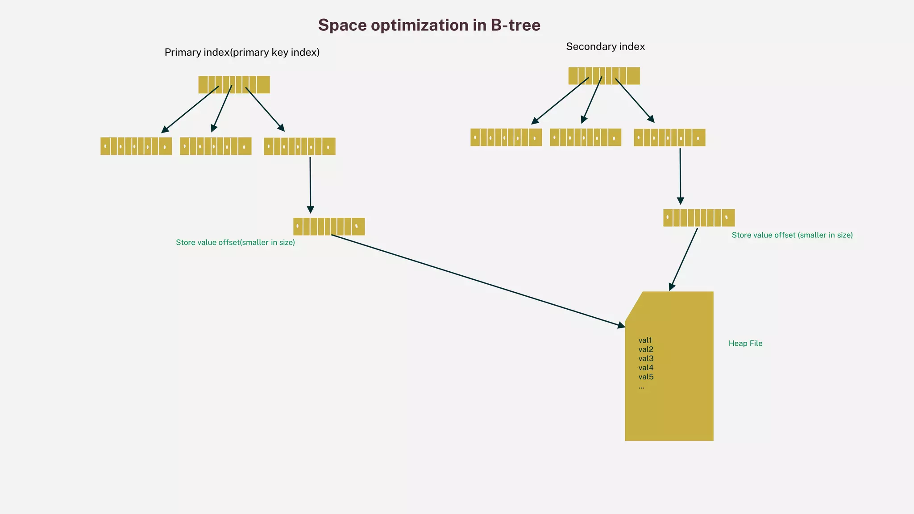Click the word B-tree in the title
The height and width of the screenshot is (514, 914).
515,25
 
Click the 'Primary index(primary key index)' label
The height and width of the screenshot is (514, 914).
242,52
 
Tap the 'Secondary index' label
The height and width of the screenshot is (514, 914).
605,46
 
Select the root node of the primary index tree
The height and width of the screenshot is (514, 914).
234,84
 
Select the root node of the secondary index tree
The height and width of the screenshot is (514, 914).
604,75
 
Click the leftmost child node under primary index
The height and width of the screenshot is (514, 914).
136,146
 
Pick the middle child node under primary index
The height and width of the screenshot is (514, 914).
216,146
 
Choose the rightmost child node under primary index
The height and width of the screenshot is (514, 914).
299,146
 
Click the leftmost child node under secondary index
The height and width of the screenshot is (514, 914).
506,137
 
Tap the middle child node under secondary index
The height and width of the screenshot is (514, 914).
586,137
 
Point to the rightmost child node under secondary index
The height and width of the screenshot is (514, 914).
669,137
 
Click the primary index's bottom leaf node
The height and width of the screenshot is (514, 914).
329,226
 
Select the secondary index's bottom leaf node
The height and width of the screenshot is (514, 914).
699,218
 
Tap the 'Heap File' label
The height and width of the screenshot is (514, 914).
745,343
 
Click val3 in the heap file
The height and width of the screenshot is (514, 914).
646,358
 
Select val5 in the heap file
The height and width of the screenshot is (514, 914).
646,377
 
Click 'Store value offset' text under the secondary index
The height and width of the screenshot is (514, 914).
792,235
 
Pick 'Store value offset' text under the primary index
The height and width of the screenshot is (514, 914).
235,242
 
